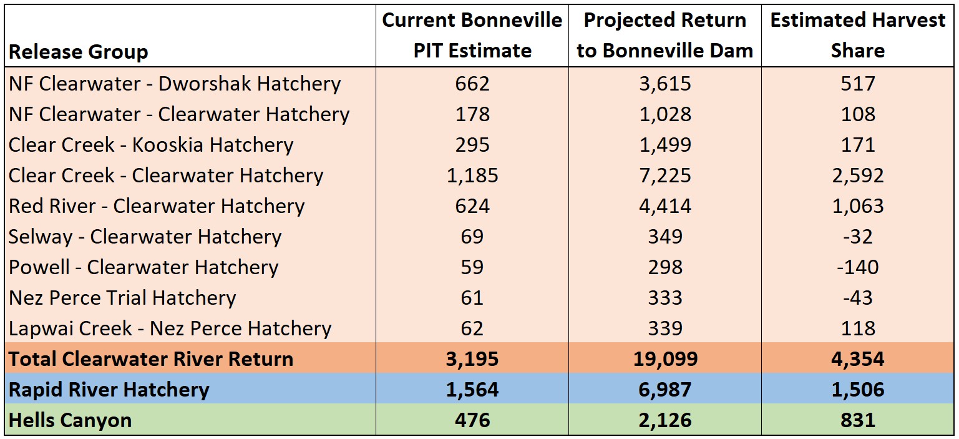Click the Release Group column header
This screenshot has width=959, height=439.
(x=79, y=52)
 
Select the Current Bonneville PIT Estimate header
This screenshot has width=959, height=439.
(x=472, y=36)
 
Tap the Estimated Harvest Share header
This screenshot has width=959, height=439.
(x=857, y=36)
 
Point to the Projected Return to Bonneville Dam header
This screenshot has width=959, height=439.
(x=664, y=36)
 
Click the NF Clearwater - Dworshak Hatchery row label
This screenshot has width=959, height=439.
(x=175, y=84)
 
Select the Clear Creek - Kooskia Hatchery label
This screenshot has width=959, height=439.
(x=151, y=145)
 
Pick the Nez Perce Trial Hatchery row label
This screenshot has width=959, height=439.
(x=122, y=298)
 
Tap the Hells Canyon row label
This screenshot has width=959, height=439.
(x=70, y=420)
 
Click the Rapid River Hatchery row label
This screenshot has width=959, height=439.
(x=109, y=390)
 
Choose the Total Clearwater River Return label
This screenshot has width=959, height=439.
(x=151, y=359)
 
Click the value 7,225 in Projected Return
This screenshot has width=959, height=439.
(x=664, y=175)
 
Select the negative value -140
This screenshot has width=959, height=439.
(x=857, y=267)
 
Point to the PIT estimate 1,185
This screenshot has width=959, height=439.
(x=472, y=175)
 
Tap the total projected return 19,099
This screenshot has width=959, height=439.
(x=664, y=359)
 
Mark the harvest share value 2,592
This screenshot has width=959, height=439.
(x=857, y=175)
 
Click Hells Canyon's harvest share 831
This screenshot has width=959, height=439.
(x=857, y=420)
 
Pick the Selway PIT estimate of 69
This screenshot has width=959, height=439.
(x=472, y=237)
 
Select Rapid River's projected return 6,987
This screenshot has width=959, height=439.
(x=664, y=390)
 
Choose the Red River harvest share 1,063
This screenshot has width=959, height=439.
(x=857, y=206)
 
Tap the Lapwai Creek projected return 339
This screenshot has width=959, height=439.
(x=664, y=328)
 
